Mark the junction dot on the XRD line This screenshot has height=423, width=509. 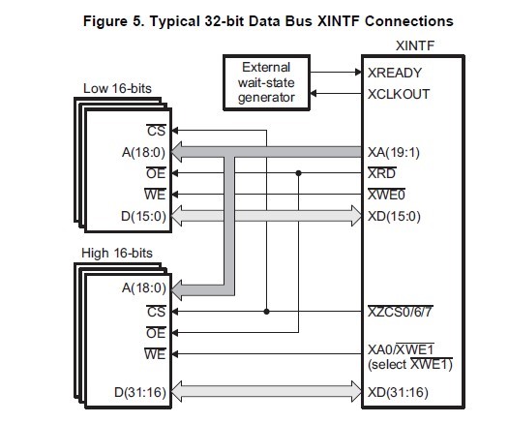pos(298,173)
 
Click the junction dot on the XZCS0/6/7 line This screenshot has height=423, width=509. pos(265,312)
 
